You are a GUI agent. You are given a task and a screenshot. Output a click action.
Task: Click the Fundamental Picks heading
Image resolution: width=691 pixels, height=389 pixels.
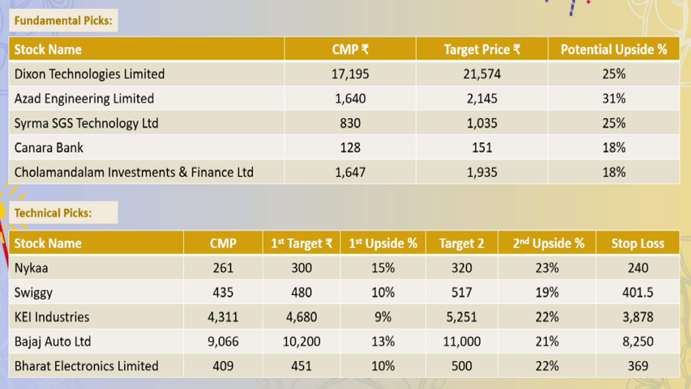pyautogui.click(x=63, y=21)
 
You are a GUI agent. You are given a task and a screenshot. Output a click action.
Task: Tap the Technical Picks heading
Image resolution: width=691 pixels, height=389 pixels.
pyautogui.click(x=53, y=213)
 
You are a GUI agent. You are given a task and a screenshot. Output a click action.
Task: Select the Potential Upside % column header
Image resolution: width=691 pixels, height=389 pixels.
pyautogui.click(x=614, y=50)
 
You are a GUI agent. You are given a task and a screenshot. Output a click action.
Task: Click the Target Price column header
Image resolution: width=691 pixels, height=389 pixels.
pyautogui.click(x=482, y=50)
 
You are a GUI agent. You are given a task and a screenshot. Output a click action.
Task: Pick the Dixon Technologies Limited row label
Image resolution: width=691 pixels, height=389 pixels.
pyautogui.click(x=89, y=74)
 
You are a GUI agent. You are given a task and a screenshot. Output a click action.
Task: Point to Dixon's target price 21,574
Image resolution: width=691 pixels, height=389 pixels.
pyautogui.click(x=482, y=74)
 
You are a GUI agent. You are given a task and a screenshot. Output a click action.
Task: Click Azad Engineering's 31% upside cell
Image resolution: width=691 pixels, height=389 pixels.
pyautogui.click(x=614, y=99)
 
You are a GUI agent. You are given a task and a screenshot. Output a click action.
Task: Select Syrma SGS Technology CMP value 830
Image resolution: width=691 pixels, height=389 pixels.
pyautogui.click(x=350, y=123)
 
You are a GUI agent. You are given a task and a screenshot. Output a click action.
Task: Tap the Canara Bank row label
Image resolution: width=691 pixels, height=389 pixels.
pyautogui.click(x=49, y=148)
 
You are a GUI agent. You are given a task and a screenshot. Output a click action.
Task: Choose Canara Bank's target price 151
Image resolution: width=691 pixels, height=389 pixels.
pyautogui.click(x=482, y=148)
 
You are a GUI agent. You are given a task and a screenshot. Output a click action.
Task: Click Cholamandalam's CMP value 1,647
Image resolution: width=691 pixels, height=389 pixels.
pyautogui.click(x=350, y=172)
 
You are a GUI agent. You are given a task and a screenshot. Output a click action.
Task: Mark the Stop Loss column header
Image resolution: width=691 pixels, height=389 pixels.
pyautogui.click(x=637, y=243)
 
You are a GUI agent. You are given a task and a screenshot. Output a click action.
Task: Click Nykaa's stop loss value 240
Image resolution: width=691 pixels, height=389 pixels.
pyautogui.click(x=637, y=268)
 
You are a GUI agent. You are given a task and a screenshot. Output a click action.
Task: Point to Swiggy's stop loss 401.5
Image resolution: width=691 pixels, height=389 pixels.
pyautogui.click(x=637, y=293)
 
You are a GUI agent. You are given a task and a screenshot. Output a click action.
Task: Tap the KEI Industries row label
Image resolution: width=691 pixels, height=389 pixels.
pyautogui.click(x=52, y=317)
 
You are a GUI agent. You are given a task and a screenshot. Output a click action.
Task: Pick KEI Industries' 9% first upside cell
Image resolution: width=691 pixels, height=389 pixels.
pyautogui.click(x=383, y=317)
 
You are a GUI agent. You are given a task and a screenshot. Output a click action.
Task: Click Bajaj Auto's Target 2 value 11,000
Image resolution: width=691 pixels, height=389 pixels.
pyautogui.click(x=462, y=342)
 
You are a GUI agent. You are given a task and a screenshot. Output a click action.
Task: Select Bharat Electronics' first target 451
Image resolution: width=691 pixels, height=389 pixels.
pyautogui.click(x=301, y=366)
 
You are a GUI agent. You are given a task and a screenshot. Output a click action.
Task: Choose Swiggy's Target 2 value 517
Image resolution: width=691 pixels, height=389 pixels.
pyautogui.click(x=462, y=293)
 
